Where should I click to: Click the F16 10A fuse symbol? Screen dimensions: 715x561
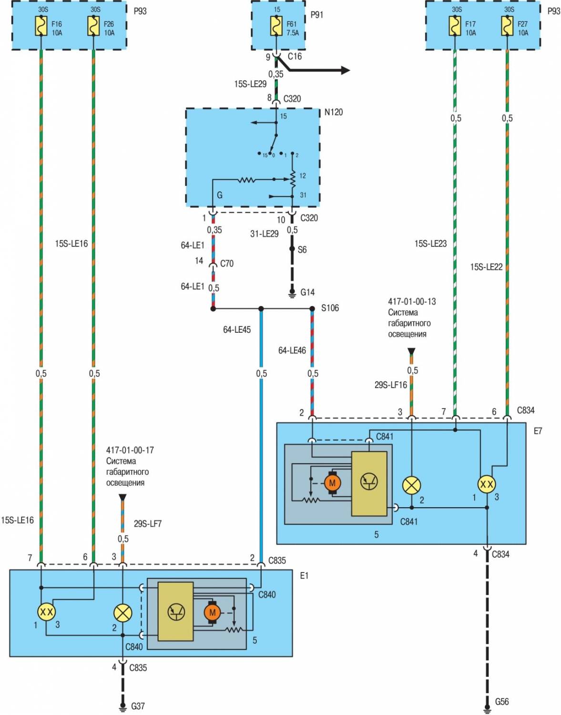click(41, 27)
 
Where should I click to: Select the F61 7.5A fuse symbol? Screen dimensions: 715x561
click(276, 26)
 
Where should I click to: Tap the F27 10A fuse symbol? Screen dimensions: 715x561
click(507, 26)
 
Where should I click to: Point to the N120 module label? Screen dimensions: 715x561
click(333, 112)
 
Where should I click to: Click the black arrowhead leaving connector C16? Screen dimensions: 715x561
click(345, 71)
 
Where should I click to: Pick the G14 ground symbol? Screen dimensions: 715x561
click(293, 292)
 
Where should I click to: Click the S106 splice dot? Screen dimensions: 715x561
click(312, 309)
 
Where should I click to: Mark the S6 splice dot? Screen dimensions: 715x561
click(293, 249)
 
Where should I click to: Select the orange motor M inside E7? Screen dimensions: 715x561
click(332, 483)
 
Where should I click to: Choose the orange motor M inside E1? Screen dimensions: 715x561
click(212, 613)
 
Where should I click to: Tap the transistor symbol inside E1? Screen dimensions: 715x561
click(176, 611)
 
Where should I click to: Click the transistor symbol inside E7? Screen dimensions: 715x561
click(369, 481)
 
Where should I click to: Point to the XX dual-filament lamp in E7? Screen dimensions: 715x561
click(487, 484)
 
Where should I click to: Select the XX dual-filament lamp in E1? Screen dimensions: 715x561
click(46, 612)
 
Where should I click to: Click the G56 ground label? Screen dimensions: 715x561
click(501, 702)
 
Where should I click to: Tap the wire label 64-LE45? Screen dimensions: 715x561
click(236, 329)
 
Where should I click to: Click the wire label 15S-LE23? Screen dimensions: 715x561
click(430, 244)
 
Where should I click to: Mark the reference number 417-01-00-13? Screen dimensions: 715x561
click(411, 301)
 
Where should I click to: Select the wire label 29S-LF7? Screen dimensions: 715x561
click(147, 523)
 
